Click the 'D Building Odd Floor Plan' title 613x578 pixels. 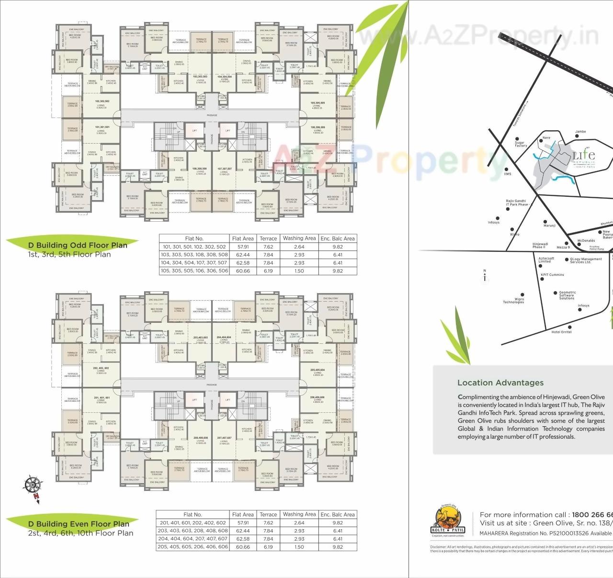[x=78, y=245]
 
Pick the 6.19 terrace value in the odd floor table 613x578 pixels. [x=268, y=271]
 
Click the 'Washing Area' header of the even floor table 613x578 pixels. [x=299, y=514]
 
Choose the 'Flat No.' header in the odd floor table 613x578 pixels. [x=194, y=238]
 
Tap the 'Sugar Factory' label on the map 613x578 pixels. [x=521, y=144]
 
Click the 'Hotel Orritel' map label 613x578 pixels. [x=561, y=332]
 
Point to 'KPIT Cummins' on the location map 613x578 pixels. [x=552, y=275]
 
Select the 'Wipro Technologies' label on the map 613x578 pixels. [x=513, y=301]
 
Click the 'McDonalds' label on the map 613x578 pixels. [x=586, y=241]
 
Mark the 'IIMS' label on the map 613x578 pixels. [x=508, y=174]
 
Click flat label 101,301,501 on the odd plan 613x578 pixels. [x=102, y=127]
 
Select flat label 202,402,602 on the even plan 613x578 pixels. [x=101, y=368]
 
